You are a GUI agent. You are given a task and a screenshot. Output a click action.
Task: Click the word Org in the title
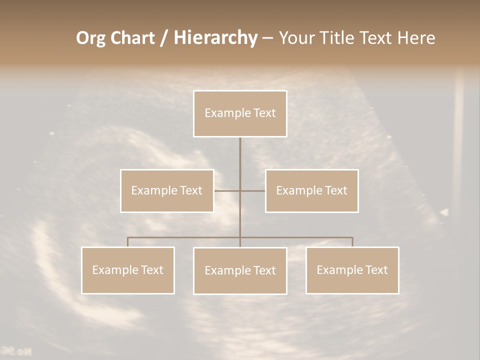click(x=90, y=38)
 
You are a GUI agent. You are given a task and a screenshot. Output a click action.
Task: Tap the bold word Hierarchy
click(x=215, y=38)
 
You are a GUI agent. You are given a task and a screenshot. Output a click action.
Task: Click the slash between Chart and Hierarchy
click(x=164, y=38)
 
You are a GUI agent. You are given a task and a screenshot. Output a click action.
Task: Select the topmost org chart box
click(x=240, y=113)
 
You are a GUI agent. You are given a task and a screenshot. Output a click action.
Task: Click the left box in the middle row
click(x=167, y=190)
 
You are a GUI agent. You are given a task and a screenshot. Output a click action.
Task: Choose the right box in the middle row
click(x=312, y=190)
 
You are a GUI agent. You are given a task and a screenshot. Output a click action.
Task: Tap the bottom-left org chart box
click(x=128, y=270)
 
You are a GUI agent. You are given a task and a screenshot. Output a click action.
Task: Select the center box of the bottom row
click(x=240, y=270)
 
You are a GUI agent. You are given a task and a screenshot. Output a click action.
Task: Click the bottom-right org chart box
click(x=352, y=270)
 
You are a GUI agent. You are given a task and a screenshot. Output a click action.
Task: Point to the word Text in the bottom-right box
click(x=376, y=270)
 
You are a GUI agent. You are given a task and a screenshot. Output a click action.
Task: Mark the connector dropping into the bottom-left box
click(x=128, y=242)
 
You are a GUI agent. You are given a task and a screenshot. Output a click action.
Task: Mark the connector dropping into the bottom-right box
click(x=352, y=242)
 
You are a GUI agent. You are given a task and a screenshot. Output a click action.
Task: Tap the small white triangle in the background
click(x=444, y=212)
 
